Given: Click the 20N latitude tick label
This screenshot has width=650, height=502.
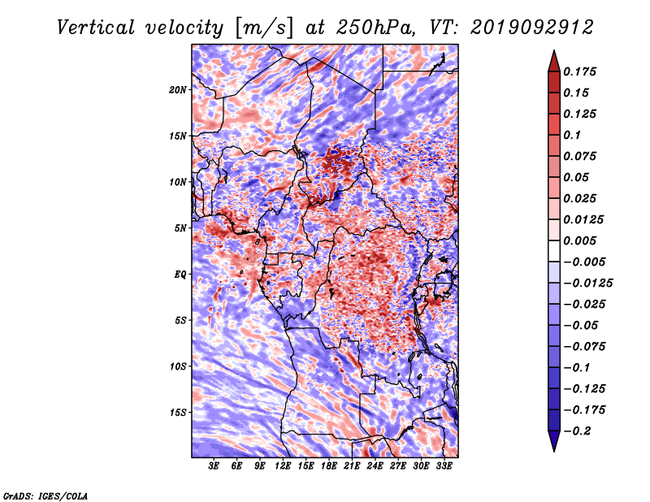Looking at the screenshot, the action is click(178, 90).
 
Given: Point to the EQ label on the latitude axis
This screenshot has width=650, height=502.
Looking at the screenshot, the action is click(180, 275).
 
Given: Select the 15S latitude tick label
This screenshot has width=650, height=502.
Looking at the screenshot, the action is click(178, 413).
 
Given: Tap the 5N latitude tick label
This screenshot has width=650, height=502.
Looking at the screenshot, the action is click(180, 228).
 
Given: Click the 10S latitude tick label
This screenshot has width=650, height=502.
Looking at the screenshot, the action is click(178, 366).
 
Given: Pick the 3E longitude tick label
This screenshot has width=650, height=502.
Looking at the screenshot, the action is click(214, 465).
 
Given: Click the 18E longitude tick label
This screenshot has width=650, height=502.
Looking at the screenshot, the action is click(329, 465).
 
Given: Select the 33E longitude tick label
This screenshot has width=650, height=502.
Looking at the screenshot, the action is click(444, 465).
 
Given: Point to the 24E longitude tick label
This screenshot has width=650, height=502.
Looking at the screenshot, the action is click(375, 465).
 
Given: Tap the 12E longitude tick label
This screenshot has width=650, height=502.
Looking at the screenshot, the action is click(283, 465).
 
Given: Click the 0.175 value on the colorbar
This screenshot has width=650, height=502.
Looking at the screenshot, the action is click(579, 71).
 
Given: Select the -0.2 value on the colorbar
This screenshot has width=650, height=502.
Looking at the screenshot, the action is click(577, 431).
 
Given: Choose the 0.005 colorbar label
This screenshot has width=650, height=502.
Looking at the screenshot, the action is click(579, 240).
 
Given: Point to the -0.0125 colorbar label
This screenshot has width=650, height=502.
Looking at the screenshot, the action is click(587, 283).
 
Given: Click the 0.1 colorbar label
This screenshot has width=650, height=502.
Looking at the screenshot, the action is click(572, 135).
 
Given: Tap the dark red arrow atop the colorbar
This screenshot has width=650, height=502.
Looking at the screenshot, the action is click(554, 63).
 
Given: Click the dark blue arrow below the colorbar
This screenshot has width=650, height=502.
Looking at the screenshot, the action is click(554, 440).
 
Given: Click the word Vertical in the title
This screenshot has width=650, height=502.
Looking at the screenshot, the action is click(96, 28).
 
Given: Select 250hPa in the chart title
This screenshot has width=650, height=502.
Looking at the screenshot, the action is click(376, 28).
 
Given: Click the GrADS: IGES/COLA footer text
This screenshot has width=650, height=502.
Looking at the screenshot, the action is click(45, 496).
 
